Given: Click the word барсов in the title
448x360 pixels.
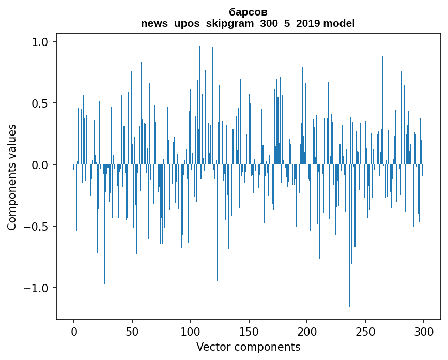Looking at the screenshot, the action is pyautogui.click(x=248, y=12).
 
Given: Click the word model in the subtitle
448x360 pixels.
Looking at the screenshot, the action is pyautogui.click(x=339, y=23).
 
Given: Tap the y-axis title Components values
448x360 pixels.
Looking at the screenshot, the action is pyautogui.click(x=12, y=177).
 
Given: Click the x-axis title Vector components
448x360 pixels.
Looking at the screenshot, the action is pyautogui.click(x=248, y=347).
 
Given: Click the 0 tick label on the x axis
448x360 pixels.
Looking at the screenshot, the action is pyautogui.click(x=74, y=332).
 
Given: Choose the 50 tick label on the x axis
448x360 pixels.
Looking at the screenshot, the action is pyautogui.click(x=132, y=332).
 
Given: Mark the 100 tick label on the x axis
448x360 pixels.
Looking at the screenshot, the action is pyautogui.click(x=190, y=332).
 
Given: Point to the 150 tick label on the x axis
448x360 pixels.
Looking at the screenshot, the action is pyautogui.click(x=249, y=332).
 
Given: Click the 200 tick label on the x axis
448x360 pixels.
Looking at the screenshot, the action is pyautogui.click(x=307, y=332).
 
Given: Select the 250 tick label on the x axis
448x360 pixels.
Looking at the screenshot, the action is pyautogui.click(x=365, y=332).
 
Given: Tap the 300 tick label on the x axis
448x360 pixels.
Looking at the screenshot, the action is pyautogui.click(x=423, y=332).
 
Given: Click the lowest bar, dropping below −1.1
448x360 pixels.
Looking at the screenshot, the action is pyautogui.click(x=349, y=236).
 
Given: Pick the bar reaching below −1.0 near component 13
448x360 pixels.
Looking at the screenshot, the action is pyautogui.click(x=89, y=230).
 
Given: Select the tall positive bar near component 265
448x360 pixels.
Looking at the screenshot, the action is pyautogui.click(x=383, y=110).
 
